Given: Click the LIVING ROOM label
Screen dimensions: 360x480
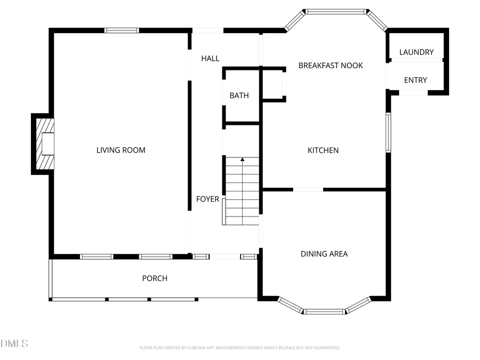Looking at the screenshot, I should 121,150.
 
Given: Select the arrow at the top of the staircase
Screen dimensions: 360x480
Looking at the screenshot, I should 243,159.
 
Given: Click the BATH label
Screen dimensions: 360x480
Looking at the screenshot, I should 239,95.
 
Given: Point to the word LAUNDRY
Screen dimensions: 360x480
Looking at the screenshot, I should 417,52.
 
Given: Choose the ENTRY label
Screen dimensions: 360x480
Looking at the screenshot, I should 415,80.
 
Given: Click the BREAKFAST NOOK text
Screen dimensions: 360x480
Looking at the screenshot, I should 330,66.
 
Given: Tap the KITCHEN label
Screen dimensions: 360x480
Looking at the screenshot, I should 323,150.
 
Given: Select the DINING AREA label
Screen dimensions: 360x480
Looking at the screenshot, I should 324,254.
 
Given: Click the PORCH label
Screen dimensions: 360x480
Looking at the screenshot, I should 154,278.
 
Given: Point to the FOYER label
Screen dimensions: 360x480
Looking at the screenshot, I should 207,199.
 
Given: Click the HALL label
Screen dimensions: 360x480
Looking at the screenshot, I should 210,58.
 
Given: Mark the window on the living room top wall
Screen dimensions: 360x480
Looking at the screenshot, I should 122,30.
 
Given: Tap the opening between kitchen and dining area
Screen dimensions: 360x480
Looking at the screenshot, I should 308,189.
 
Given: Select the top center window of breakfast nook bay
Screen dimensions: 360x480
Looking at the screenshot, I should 336,11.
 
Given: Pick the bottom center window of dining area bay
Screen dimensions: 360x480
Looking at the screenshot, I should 324,311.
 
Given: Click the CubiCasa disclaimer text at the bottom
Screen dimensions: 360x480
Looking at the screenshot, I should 239,348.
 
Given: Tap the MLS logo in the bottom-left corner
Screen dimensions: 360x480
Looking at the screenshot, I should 14,343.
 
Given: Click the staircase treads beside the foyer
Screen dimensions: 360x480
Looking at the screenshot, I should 243,192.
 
